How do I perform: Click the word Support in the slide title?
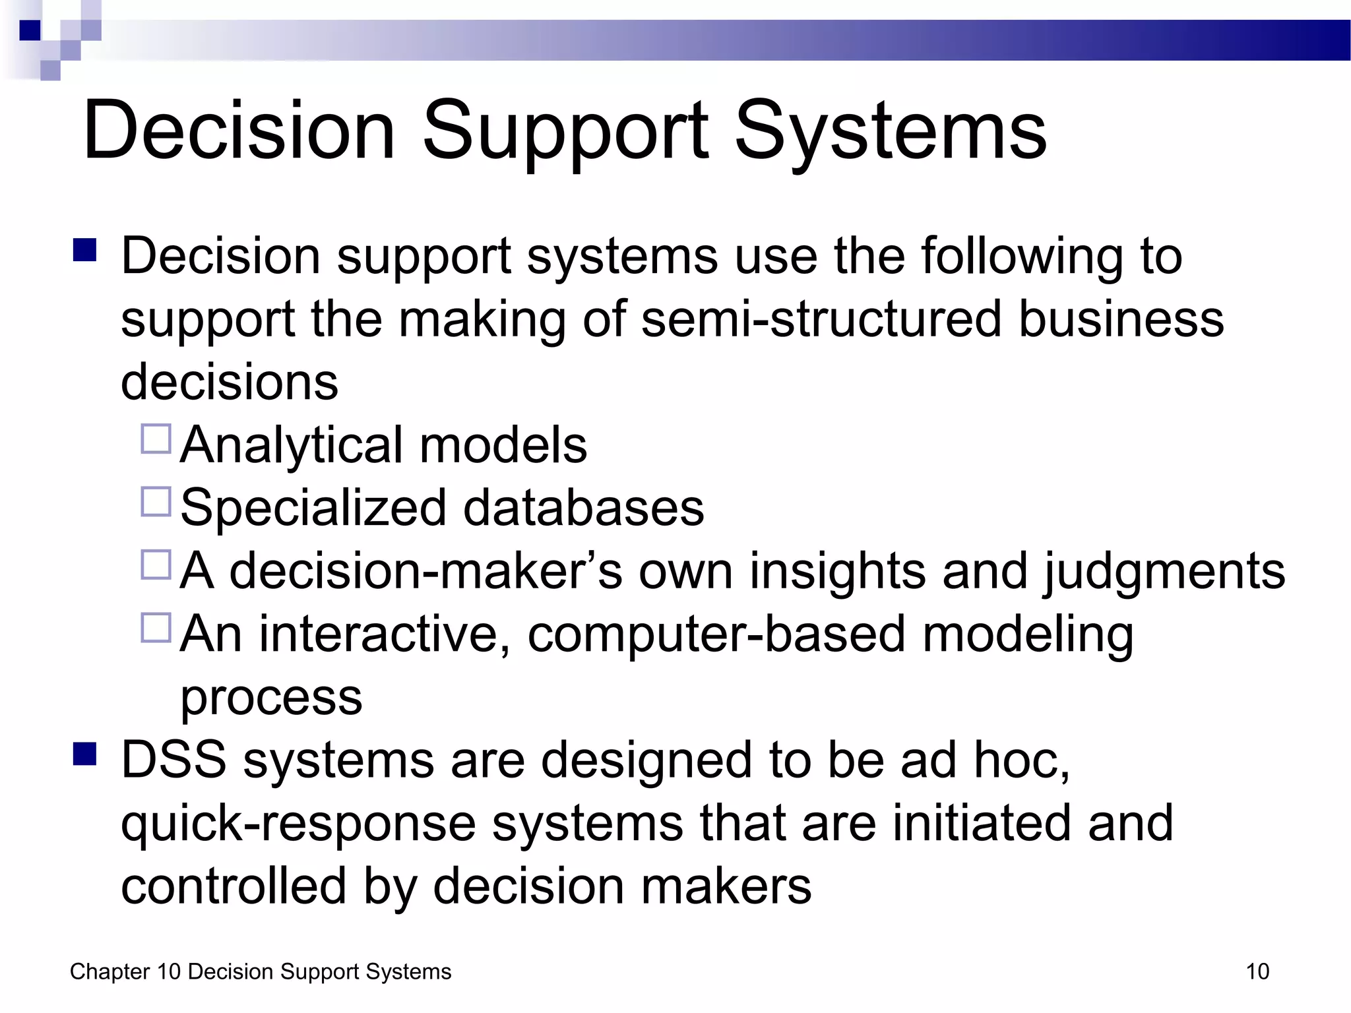(x=565, y=132)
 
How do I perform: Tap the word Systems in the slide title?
(x=891, y=132)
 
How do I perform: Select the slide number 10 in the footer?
(x=1257, y=971)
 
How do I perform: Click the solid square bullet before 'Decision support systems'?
(x=85, y=251)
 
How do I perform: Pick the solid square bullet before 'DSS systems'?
(x=85, y=754)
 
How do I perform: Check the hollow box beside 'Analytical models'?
(x=156, y=439)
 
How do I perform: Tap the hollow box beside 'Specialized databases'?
(x=156, y=501)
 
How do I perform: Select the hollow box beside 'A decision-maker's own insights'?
(x=156, y=565)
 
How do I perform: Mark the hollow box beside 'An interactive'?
(x=156, y=628)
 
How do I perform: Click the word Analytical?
(x=291, y=446)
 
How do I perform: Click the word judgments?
(x=1164, y=572)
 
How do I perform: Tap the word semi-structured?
(x=821, y=319)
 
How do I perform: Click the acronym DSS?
(x=174, y=760)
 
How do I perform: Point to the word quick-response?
(x=298, y=824)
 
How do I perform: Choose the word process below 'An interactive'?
(x=271, y=698)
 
